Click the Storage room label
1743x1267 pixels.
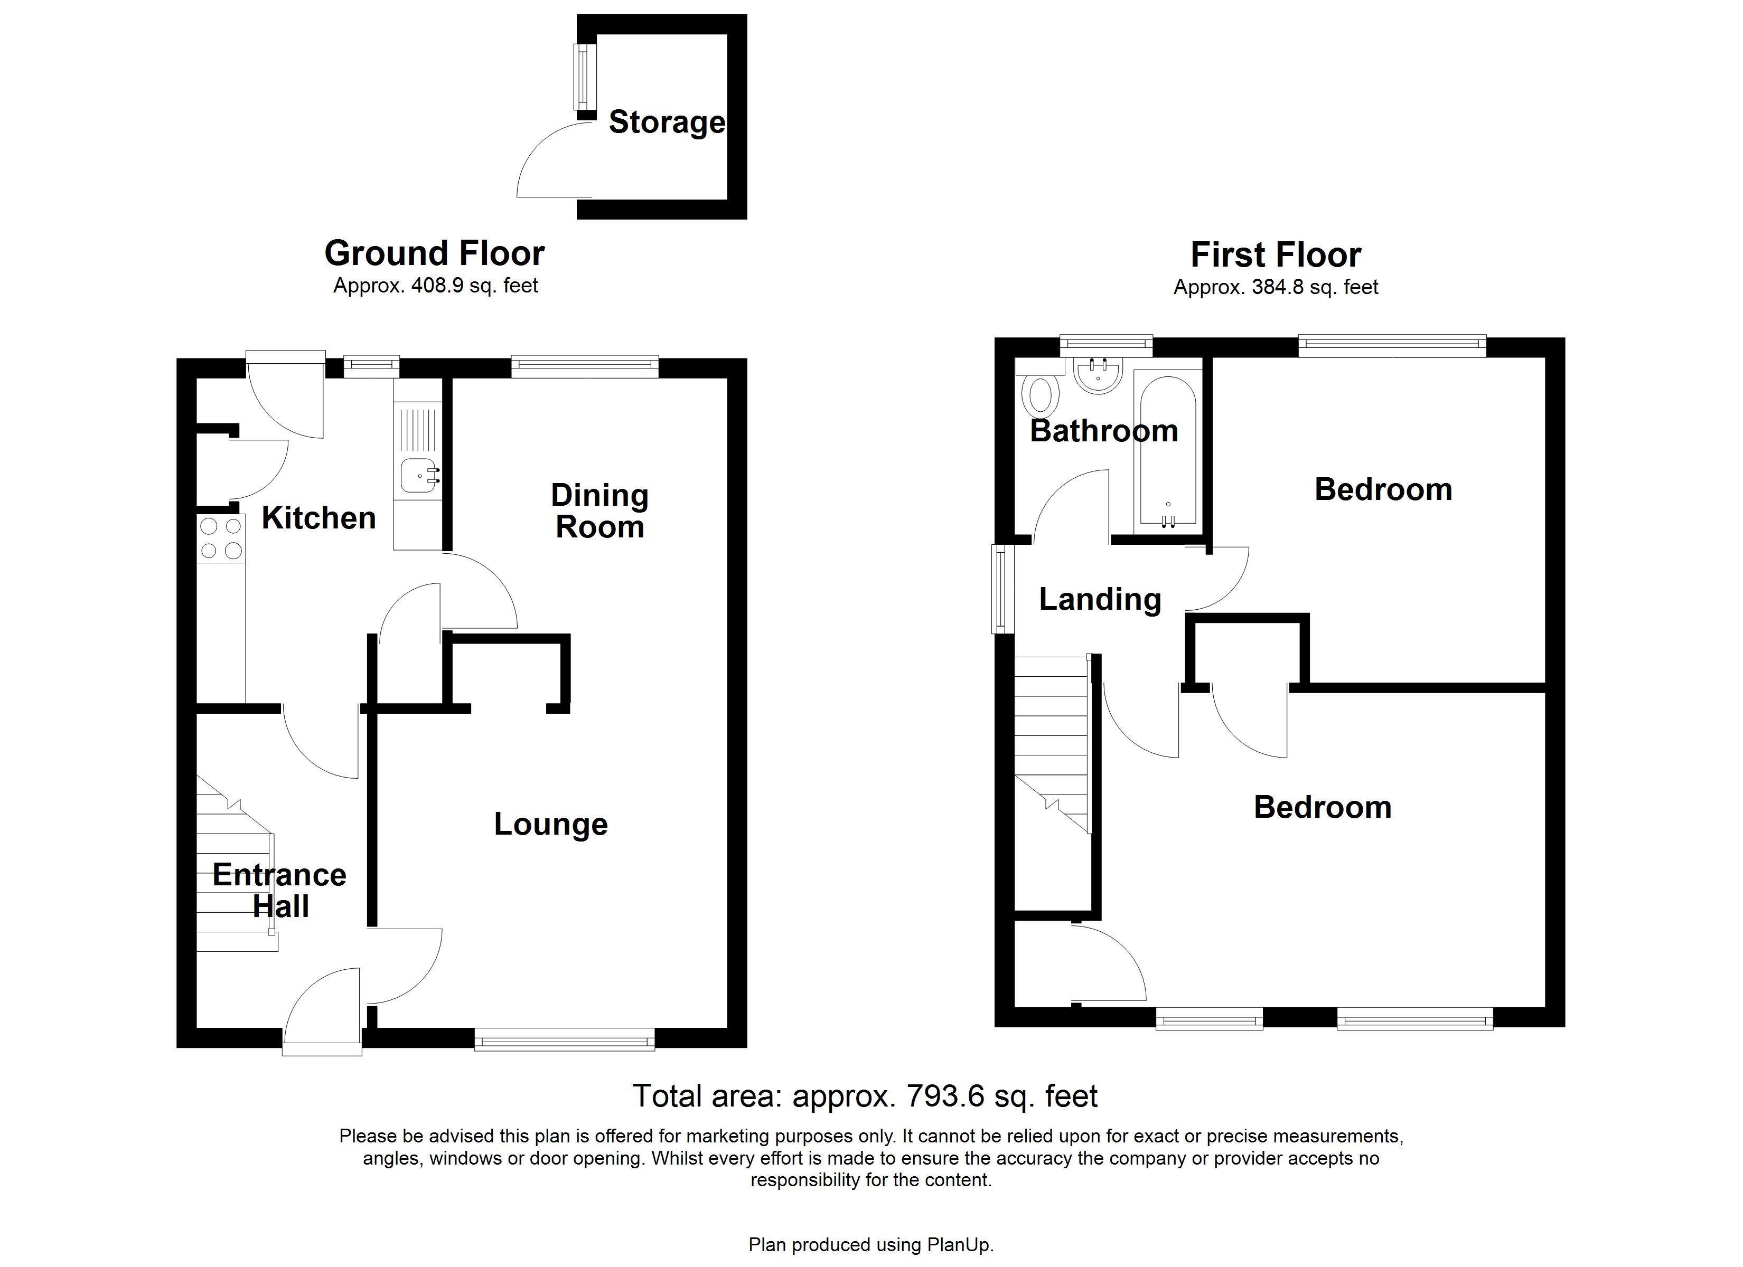(x=667, y=122)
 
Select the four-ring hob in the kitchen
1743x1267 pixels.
(x=221, y=538)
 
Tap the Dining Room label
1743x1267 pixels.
(x=599, y=511)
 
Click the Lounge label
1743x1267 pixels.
(x=550, y=825)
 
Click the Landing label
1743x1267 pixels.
(x=1100, y=599)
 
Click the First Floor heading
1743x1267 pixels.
(x=1275, y=254)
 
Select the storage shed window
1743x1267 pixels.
(x=585, y=77)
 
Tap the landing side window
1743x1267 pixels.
(x=1000, y=589)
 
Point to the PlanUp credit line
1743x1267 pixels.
(x=871, y=1245)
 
